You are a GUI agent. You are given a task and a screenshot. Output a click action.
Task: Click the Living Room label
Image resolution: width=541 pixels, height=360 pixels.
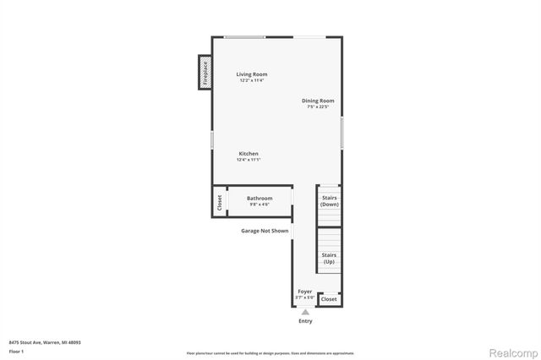pos(252,74)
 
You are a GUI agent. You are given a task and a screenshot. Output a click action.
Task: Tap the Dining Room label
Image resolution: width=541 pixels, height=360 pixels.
pos(318,101)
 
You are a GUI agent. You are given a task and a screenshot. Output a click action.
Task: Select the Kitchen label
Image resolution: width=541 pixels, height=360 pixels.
pos(248,154)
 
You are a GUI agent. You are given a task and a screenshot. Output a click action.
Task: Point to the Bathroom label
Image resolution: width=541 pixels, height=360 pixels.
pos(260,199)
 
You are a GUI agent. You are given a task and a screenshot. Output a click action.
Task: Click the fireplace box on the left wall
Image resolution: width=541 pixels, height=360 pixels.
pos(205,72)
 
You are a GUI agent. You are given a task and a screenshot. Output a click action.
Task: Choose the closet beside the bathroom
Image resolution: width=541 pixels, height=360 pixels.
pos(219,203)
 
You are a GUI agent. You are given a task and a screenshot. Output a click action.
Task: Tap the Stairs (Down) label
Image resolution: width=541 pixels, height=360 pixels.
pos(330,201)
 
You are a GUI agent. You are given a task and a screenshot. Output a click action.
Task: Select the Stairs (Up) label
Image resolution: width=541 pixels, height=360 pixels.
pos(330,258)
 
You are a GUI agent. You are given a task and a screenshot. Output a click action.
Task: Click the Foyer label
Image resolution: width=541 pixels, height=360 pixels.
pos(304,292)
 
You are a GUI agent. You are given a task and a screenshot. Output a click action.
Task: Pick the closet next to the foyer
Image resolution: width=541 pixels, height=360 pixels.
pos(329,299)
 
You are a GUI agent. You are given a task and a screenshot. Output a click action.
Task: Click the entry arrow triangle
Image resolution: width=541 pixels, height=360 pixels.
pos(305,312)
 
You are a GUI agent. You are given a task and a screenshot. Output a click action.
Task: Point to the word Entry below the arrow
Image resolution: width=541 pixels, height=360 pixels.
pos(305,321)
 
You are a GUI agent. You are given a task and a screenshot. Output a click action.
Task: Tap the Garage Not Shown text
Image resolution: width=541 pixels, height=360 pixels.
pos(265,231)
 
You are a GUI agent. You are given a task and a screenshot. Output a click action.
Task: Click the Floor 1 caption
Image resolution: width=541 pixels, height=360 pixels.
pos(17,351)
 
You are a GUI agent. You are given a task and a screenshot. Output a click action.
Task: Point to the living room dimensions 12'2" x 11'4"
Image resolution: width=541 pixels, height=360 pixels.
pos(252,80)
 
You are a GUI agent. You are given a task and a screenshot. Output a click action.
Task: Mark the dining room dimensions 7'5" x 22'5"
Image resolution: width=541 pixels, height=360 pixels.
pos(318,107)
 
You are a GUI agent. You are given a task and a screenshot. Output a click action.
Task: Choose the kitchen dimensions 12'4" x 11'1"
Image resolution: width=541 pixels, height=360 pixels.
pos(248,160)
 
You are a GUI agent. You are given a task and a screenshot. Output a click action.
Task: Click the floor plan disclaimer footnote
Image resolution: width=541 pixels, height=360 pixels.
pos(270,352)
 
